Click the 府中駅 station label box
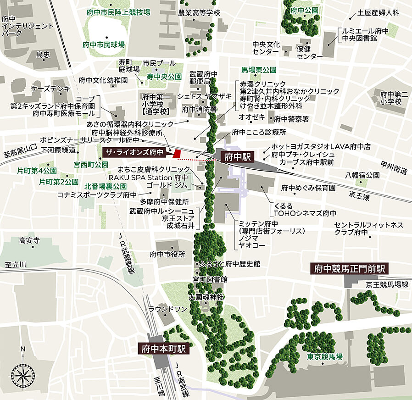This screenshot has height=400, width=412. (238, 157)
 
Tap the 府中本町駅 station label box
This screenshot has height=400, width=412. (163, 348)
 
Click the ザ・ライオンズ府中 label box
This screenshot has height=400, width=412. (134, 152)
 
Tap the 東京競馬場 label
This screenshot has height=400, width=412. (325, 357)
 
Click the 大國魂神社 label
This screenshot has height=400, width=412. (206, 297)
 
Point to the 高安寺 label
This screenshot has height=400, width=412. (29, 240)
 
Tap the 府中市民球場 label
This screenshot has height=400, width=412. (104, 45)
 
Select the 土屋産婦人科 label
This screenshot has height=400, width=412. (379, 13)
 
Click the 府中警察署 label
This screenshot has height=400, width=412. (291, 119)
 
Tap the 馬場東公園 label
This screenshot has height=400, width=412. (259, 70)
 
